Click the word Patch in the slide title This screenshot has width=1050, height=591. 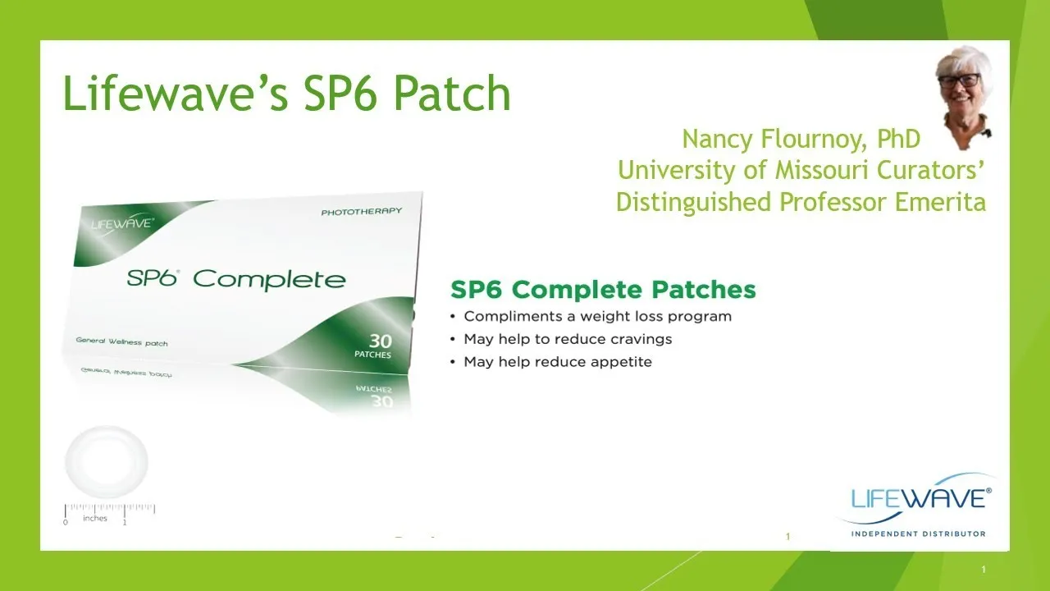pos(452,94)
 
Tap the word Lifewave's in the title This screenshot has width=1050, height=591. pos(176,94)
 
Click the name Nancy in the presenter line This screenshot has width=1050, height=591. pos(717,140)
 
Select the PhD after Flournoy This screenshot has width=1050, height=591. pos(898,139)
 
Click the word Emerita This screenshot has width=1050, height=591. pos(940,202)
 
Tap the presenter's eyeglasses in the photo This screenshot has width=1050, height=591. pos(959,80)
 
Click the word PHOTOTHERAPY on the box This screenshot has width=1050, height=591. pos(362,212)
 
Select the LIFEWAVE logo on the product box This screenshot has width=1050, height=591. pos(122,224)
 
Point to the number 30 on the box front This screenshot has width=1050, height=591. pos(381,341)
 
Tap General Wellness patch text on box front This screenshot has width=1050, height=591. pos(122,342)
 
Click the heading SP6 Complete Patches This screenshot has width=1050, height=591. pos(603,290)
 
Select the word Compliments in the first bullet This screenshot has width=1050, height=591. pos(513,317)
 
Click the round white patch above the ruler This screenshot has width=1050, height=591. pos(107,462)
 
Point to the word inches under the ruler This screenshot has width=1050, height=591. pos(95,518)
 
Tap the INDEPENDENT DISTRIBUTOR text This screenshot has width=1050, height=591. pos(918,534)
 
